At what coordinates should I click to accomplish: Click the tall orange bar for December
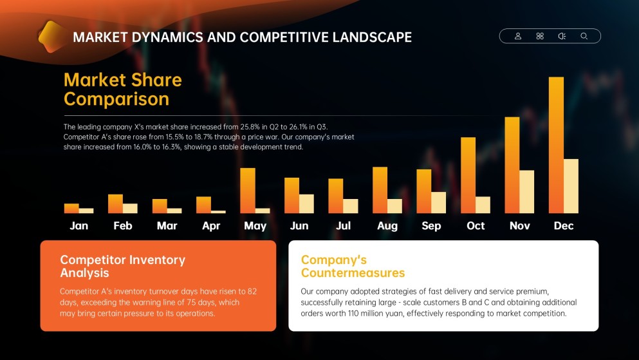click(556, 145)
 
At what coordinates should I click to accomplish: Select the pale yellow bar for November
click(527, 192)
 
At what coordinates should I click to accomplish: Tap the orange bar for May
click(248, 191)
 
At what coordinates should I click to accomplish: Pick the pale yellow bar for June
click(306, 204)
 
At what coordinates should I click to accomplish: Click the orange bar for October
click(468, 175)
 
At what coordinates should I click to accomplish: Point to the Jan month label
click(79, 225)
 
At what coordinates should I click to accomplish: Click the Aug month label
click(387, 226)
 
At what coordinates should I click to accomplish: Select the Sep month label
click(431, 226)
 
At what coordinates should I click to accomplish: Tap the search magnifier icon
click(584, 36)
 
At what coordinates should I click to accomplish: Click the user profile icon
click(518, 36)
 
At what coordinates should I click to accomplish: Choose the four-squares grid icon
click(540, 36)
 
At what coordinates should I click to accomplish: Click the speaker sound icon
click(562, 36)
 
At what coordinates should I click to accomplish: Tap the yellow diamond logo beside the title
click(51, 37)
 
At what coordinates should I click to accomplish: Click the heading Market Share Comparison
click(123, 90)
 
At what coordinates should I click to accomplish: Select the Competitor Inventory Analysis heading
click(123, 266)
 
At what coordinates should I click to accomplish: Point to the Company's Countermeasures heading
click(353, 266)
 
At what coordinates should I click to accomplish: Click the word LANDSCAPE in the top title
click(372, 37)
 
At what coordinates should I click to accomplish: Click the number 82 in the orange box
click(252, 292)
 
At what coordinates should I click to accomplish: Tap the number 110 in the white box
click(353, 314)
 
